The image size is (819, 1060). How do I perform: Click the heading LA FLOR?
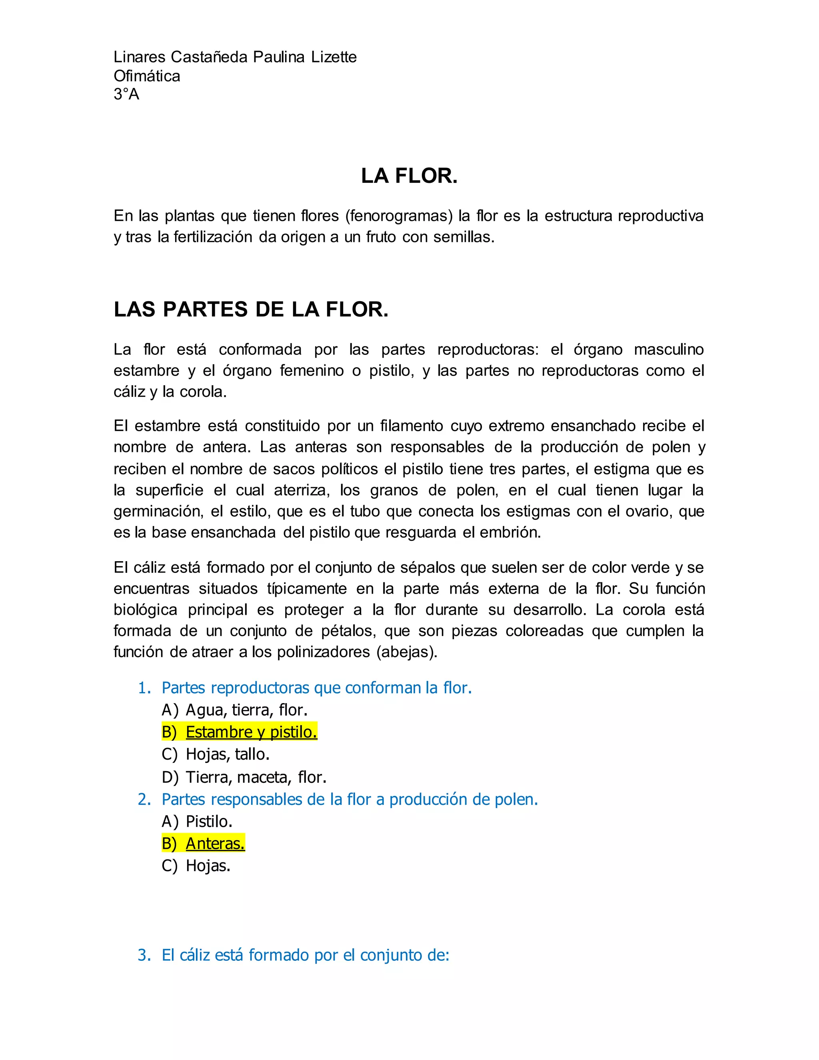tap(409, 176)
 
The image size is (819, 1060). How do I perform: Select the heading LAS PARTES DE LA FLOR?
tap(251, 310)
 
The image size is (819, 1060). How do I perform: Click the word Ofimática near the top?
tap(146, 76)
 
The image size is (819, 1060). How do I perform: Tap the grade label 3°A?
tap(126, 94)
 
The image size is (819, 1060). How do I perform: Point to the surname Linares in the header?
tap(140, 57)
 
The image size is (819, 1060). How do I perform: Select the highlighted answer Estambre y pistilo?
tap(251, 732)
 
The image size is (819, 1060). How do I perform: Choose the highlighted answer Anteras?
tap(215, 844)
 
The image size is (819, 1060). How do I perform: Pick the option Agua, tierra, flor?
tap(246, 710)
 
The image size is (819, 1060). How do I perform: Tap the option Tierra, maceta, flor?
tap(256, 777)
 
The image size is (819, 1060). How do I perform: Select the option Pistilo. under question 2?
tap(209, 821)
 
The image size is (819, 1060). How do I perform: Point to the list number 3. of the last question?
tap(144, 955)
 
